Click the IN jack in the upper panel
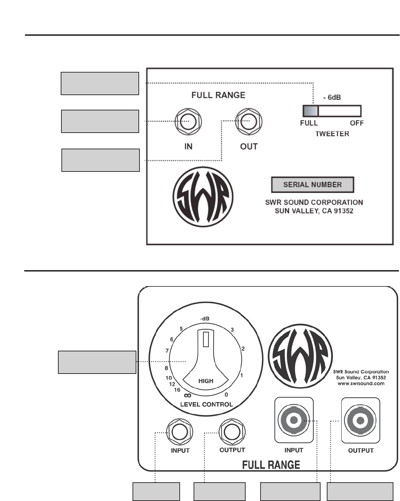coord(188,122)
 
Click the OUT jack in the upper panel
coord(249,122)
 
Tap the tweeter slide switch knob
coord(310,111)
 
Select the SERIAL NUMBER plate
coord(312,185)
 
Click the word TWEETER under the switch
coord(332,134)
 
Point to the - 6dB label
coord(332,98)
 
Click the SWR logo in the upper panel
coord(203,197)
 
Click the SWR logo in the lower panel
coord(300,358)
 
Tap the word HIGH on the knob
coord(206,381)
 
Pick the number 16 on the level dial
coord(177,390)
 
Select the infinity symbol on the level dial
coord(187,395)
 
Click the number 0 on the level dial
coord(226,395)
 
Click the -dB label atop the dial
coord(205,319)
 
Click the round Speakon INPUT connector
coord(294,420)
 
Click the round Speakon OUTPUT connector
coord(360,420)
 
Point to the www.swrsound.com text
coord(361,384)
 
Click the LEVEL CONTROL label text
coord(206,404)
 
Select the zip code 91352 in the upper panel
coord(343,211)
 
